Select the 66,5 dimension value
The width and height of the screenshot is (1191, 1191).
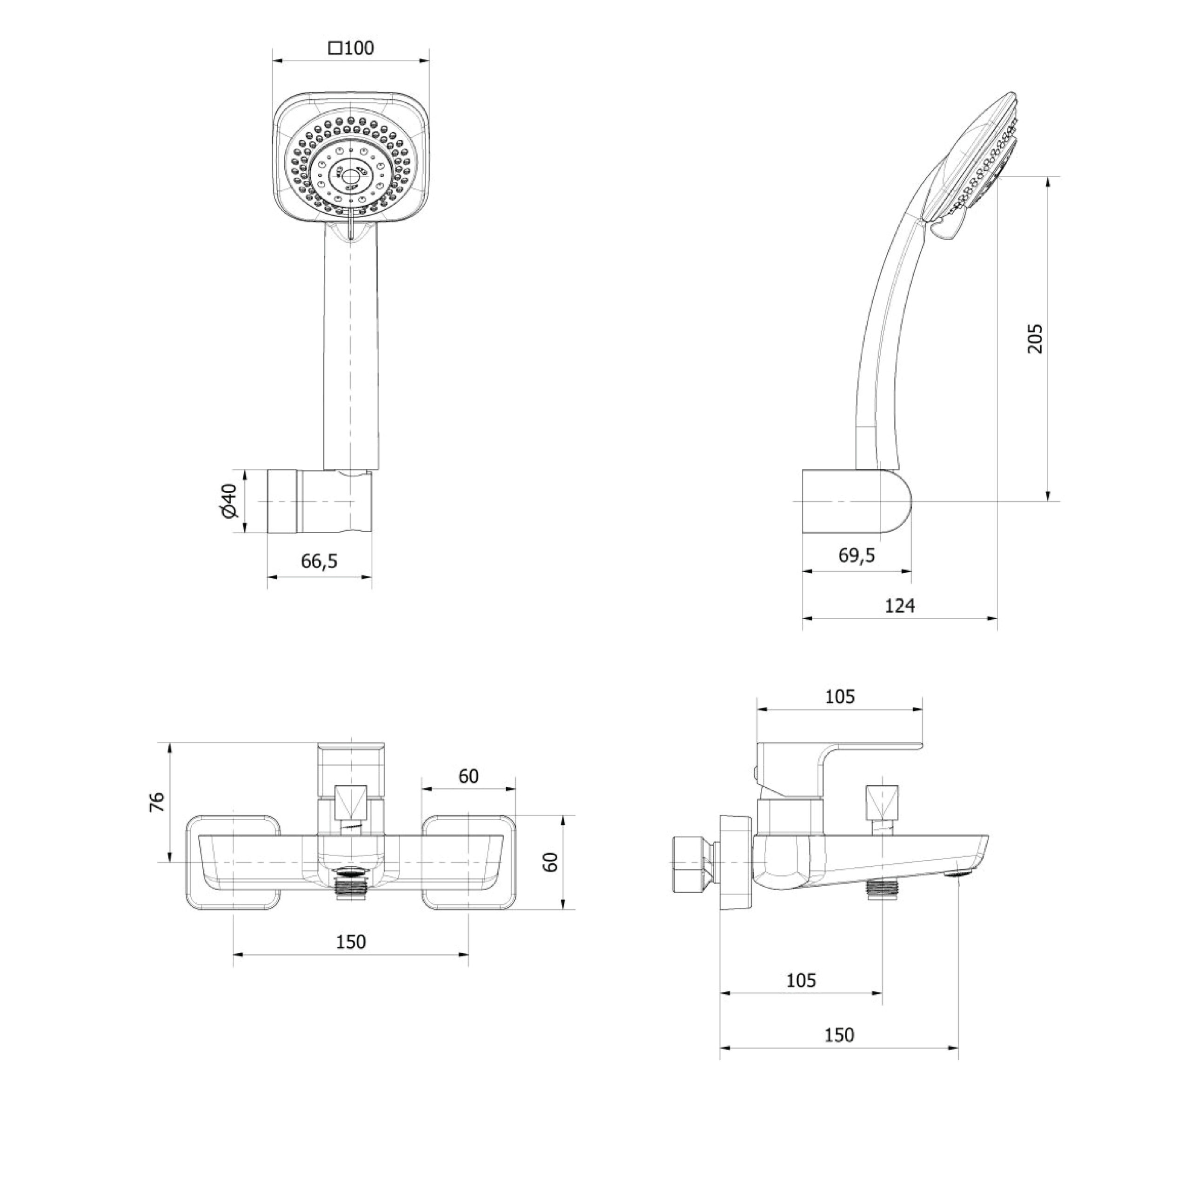pyautogui.click(x=319, y=561)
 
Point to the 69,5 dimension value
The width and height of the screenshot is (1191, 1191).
pyautogui.click(x=856, y=555)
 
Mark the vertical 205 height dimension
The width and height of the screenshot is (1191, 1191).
pyautogui.click(x=1036, y=338)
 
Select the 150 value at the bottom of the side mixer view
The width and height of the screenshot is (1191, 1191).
pyautogui.click(x=839, y=1052)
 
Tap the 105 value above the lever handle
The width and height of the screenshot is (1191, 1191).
pyautogui.click(x=840, y=696)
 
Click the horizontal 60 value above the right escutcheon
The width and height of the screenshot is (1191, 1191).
pyautogui.click(x=468, y=776)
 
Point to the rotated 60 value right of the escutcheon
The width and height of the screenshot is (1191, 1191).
pyautogui.click(x=552, y=861)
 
